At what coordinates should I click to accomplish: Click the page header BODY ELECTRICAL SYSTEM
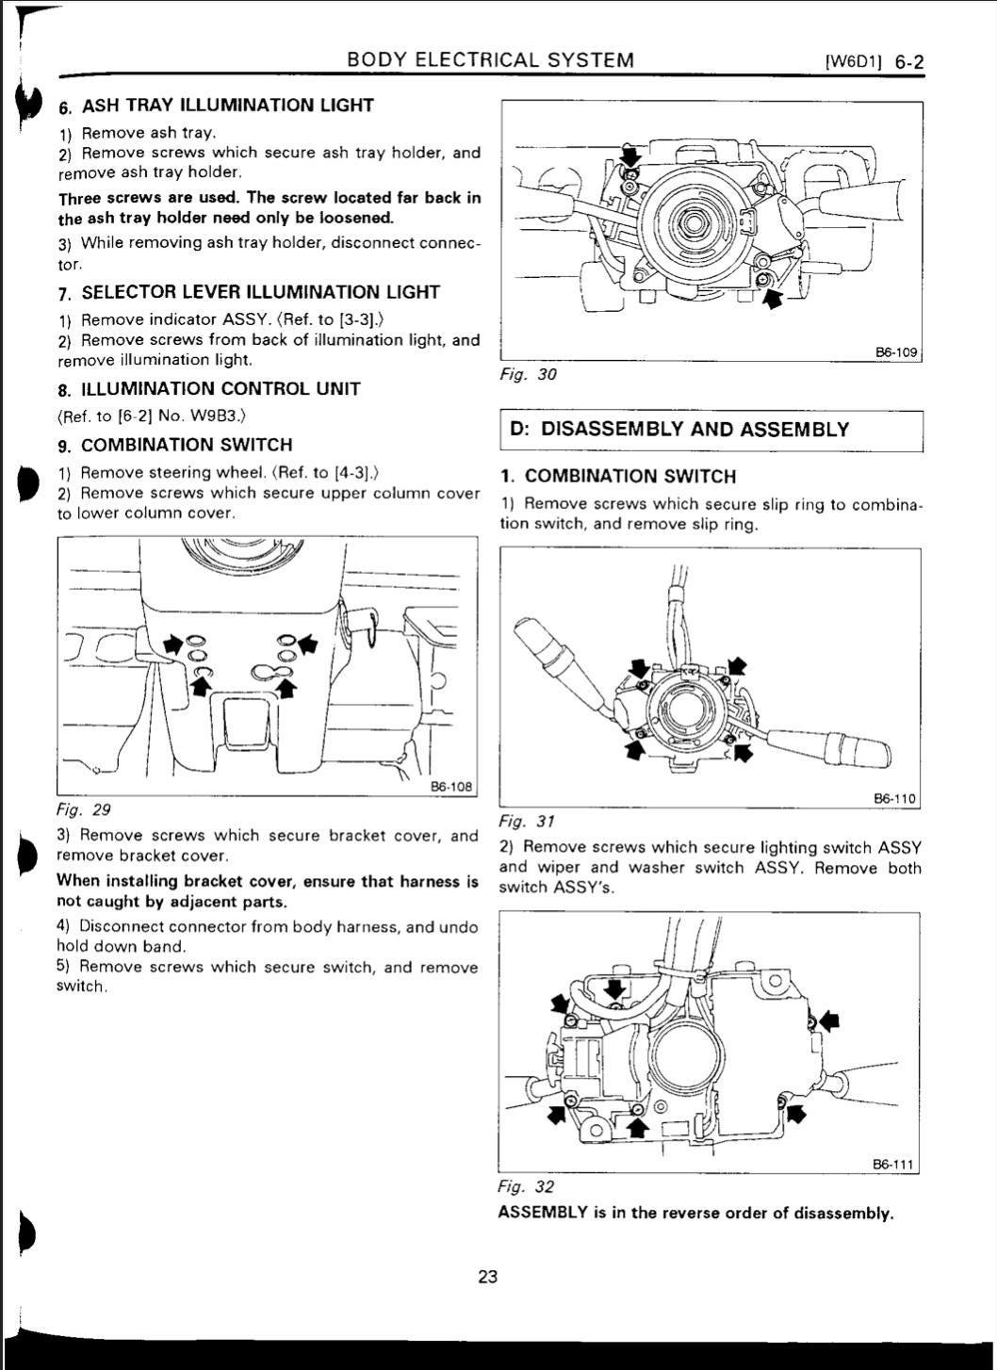(490, 60)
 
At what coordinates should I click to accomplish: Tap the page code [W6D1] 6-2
(874, 63)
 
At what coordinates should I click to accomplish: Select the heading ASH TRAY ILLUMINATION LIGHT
(227, 106)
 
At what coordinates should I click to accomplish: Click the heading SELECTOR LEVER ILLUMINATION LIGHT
(260, 292)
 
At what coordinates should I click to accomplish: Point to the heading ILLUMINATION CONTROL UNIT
(221, 389)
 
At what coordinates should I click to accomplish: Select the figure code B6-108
(450, 786)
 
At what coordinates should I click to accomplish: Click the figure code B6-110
(894, 798)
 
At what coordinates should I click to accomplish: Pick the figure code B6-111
(893, 1164)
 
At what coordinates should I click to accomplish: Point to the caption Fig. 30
(528, 374)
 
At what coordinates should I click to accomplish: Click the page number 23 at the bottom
(487, 1277)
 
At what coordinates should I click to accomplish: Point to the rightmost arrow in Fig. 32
(829, 1019)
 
